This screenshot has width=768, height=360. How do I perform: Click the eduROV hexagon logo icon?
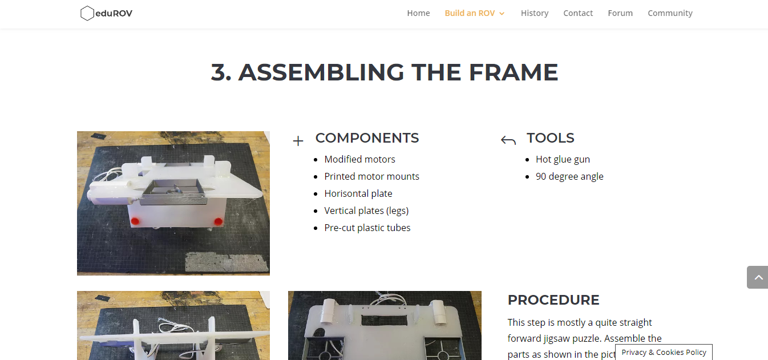tap(87, 13)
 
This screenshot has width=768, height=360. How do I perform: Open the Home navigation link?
tap(418, 13)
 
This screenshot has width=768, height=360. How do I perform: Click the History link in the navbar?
tap(535, 13)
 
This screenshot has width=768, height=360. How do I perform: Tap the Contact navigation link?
tap(578, 13)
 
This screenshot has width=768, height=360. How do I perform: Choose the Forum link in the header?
tap(620, 13)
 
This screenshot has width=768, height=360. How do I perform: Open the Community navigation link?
tap(670, 13)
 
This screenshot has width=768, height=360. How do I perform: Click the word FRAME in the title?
tap(514, 72)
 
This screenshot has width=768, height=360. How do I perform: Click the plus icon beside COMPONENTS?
tap(298, 141)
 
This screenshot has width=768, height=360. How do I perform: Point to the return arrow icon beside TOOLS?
tap(508, 140)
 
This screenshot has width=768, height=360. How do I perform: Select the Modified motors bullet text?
tap(359, 159)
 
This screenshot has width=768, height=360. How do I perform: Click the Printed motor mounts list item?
tap(371, 176)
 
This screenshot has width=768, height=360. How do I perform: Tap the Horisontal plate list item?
tap(358, 193)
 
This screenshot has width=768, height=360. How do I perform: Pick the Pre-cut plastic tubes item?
tap(367, 228)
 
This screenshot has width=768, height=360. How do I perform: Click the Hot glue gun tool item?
tap(563, 159)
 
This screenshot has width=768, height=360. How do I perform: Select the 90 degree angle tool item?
tap(569, 176)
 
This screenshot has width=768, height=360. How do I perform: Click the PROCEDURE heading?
tap(553, 300)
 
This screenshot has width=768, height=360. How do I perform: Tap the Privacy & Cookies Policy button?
tap(664, 352)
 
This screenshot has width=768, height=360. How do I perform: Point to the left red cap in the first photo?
tap(135, 221)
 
